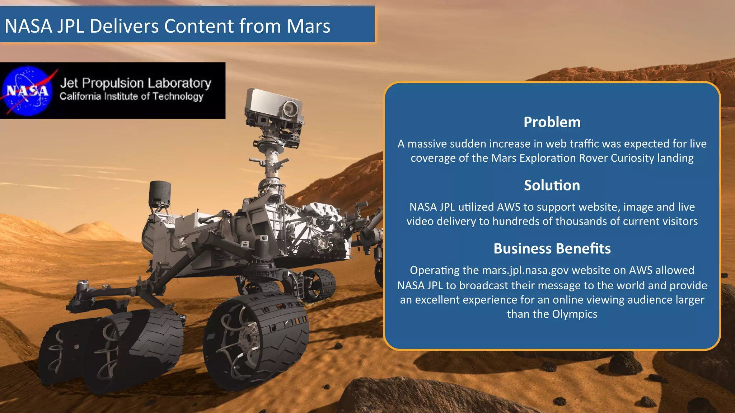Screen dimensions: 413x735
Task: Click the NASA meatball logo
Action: pyautogui.click(x=27, y=91)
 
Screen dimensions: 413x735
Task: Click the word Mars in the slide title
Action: pyautogui.click(x=308, y=26)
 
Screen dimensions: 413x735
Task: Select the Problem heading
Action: pyautogui.click(x=552, y=122)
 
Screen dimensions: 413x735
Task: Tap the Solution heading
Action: pyautogui.click(x=552, y=185)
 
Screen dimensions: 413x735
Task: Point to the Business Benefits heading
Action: pyautogui.click(x=552, y=248)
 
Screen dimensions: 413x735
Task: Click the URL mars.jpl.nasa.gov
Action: pyautogui.click(x=525, y=270)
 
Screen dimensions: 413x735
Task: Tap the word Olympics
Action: pyautogui.click(x=575, y=314)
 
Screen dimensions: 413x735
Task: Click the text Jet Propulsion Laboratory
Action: pyautogui.click(x=135, y=83)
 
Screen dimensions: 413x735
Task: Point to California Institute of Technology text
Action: pyautogui.click(x=131, y=96)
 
